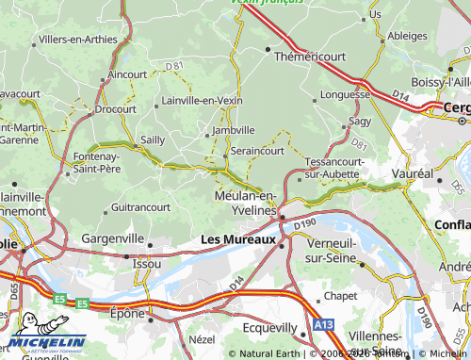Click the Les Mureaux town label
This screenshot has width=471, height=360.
tap(238, 239)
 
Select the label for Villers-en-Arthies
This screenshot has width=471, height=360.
tap(77, 40)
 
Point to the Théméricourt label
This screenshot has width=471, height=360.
tap(309, 57)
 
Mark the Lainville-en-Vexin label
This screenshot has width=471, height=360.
tap(202, 100)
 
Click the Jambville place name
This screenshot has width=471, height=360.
tap(234, 130)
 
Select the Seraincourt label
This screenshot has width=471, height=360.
tap(256, 150)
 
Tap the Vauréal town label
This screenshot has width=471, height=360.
tap(412, 175)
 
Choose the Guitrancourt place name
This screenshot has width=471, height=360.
tap(140, 206)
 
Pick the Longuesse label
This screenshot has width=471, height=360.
tap(345, 94)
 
